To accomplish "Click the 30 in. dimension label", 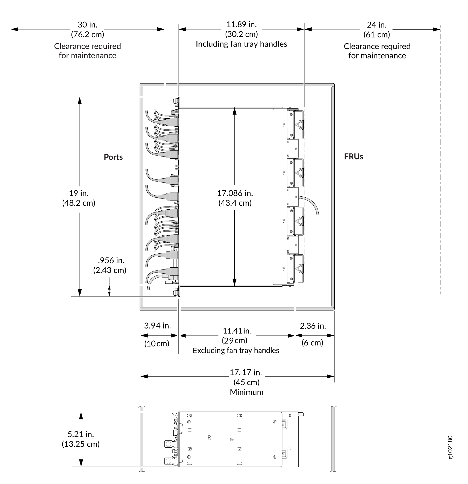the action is click(x=88, y=25).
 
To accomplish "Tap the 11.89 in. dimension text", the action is click(x=241, y=24).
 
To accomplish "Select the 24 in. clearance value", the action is click(x=377, y=25).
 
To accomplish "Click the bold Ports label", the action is click(x=113, y=157).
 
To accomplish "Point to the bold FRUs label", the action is click(x=354, y=157).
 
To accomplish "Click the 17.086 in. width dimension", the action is click(x=235, y=193).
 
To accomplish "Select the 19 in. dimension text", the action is click(x=79, y=193).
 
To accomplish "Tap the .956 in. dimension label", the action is click(x=111, y=260).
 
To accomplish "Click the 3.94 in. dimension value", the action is click(x=157, y=326).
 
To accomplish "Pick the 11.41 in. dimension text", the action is click(x=237, y=331).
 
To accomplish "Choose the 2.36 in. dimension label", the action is click(x=313, y=326).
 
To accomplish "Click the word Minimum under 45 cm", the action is click(x=247, y=392).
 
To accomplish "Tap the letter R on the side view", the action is click(x=209, y=438).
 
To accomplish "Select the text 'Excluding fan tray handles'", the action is click(x=236, y=350).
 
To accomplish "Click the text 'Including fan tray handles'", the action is click(x=241, y=44).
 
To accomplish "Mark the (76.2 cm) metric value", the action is click(x=88, y=34).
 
